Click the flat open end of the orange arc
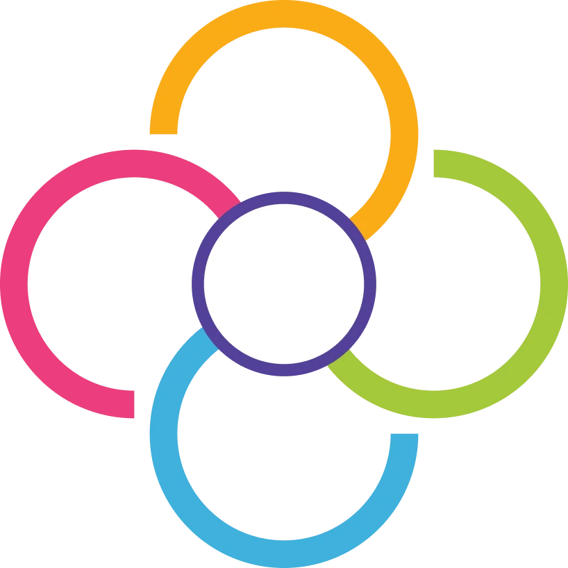(x=163, y=127)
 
